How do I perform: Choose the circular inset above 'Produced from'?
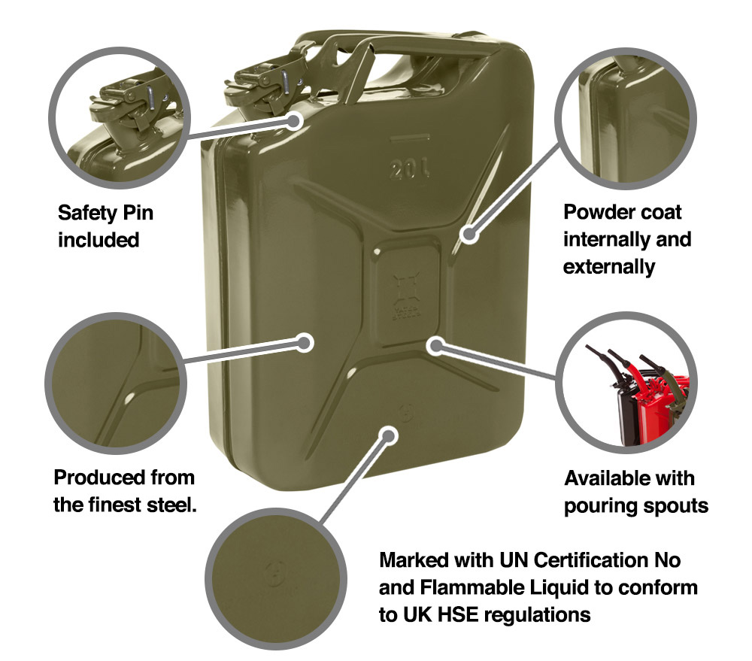pyautogui.click(x=113, y=384)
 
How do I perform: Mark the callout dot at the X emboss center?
pyautogui.click(x=435, y=344)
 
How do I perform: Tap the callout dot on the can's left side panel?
pyautogui.click(x=305, y=343)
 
